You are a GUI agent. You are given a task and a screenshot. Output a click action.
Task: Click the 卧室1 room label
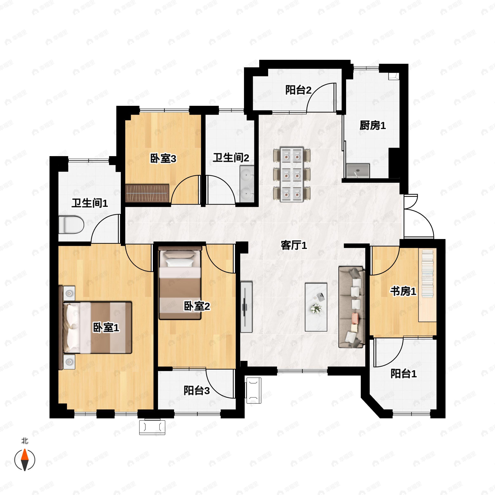click(x=106, y=328)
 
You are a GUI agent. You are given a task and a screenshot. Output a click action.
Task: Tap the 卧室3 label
click(x=163, y=159)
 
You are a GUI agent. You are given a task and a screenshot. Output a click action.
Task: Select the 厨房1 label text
click(x=372, y=126)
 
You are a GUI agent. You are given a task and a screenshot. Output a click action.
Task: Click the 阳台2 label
click(x=298, y=90)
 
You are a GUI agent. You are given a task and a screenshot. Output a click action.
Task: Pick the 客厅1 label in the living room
click(x=294, y=245)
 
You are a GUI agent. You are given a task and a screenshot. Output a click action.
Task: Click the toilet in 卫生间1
click(x=71, y=225)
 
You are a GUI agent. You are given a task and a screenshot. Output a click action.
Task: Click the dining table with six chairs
click(x=292, y=174)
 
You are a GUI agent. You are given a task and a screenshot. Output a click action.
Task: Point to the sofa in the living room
click(x=351, y=307)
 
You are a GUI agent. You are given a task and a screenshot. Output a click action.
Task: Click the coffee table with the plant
click(x=316, y=307)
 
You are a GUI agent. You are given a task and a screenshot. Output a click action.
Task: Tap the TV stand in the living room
click(x=246, y=307)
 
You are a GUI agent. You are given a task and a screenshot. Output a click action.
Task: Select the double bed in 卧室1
click(x=95, y=328)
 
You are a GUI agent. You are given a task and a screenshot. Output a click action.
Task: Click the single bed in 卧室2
click(x=180, y=283)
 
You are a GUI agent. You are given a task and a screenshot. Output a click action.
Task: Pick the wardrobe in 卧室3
click(x=147, y=193)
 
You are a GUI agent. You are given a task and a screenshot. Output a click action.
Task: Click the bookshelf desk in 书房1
click(x=427, y=285)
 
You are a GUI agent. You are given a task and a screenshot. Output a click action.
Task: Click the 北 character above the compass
click(x=25, y=441)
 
